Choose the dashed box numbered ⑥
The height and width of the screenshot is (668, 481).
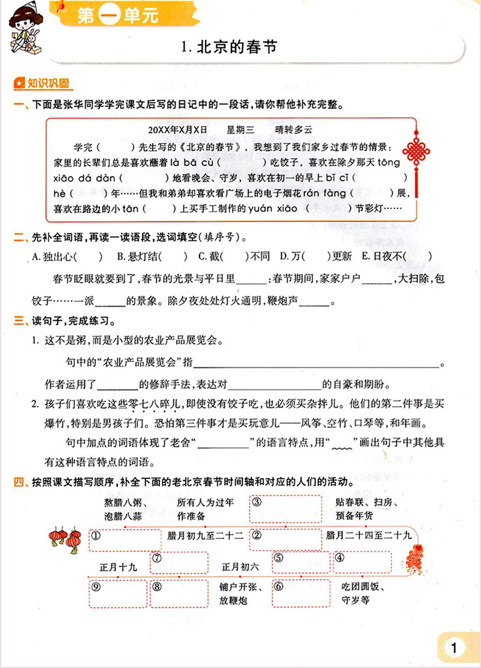click(x=301, y=592)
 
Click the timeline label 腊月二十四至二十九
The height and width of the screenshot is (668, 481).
click(x=369, y=536)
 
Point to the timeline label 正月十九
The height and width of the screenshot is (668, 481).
click(x=119, y=567)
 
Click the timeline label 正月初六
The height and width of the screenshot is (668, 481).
click(x=240, y=567)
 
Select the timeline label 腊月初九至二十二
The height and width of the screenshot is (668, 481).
click(x=205, y=536)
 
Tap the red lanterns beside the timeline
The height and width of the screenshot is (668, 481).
click(x=66, y=538)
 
